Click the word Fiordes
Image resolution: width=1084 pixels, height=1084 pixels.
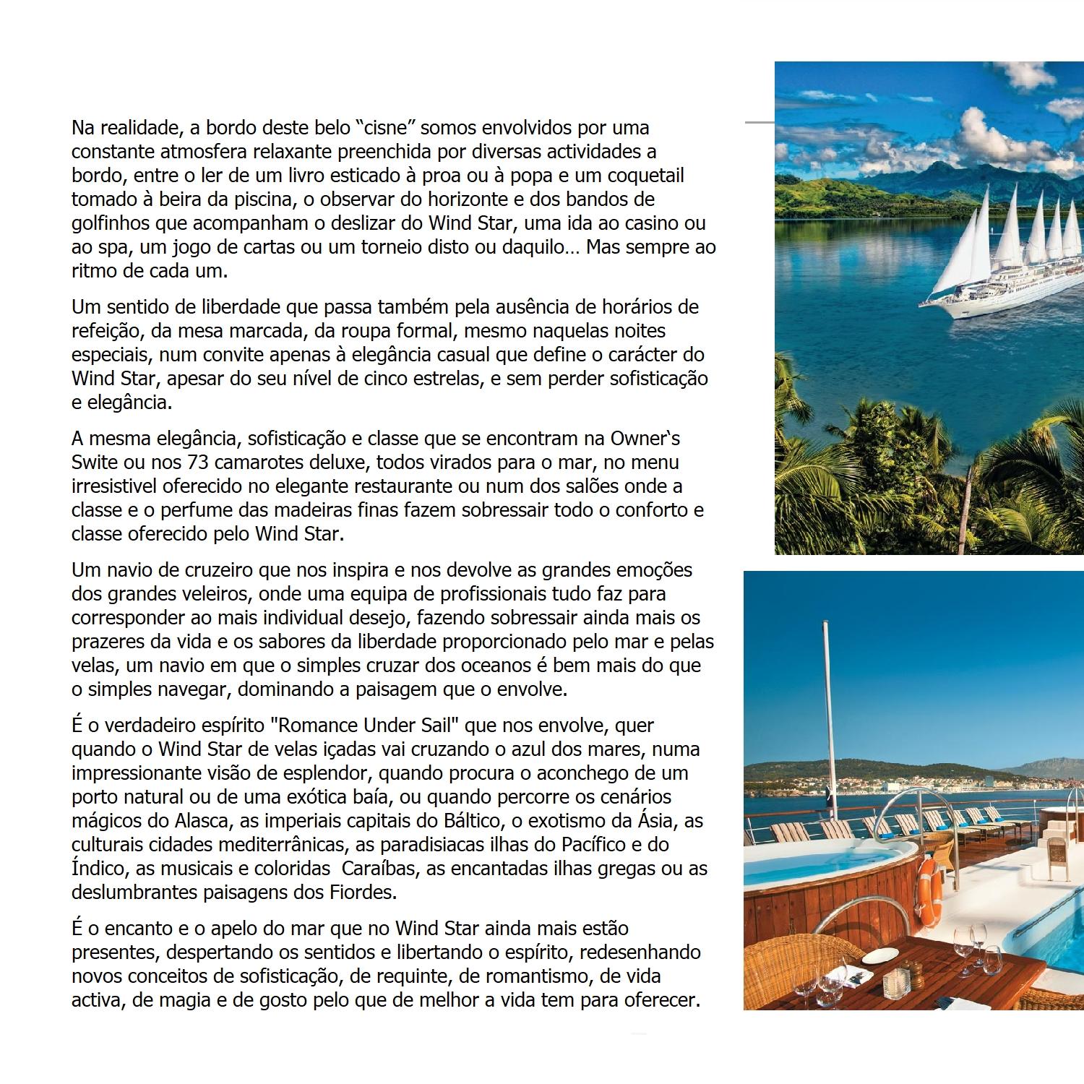tap(359, 892)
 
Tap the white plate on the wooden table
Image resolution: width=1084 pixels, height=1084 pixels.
tap(879, 955)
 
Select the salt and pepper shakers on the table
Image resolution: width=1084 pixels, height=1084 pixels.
tap(898, 984)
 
